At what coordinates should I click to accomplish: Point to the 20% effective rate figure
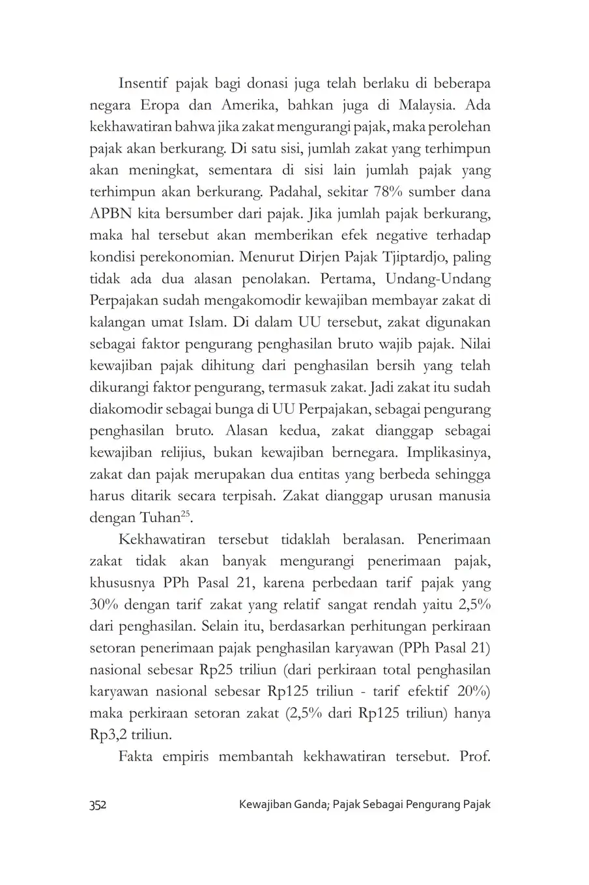pos(474,691)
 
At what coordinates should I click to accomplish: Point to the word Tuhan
pos(158,518)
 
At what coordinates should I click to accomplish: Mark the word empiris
pos(182,757)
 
